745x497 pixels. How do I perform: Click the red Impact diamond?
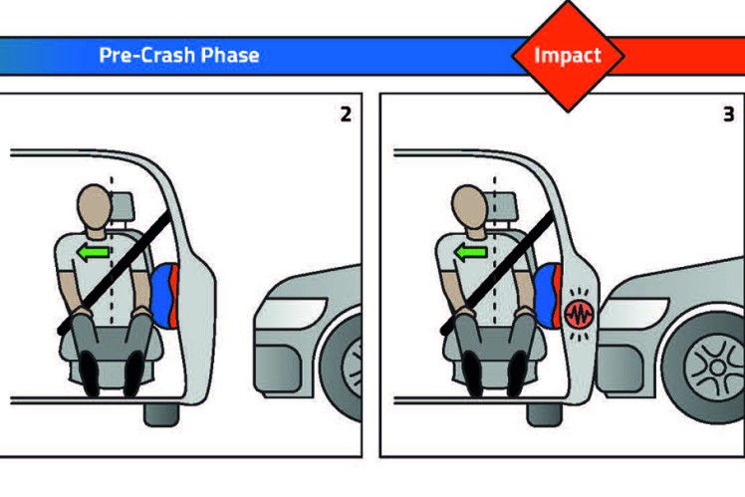pyautogui.click(x=567, y=55)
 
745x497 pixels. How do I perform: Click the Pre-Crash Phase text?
pyautogui.click(x=179, y=55)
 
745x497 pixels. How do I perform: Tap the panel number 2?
pyautogui.click(x=346, y=115)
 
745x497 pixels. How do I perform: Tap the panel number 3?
pyautogui.click(x=728, y=115)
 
